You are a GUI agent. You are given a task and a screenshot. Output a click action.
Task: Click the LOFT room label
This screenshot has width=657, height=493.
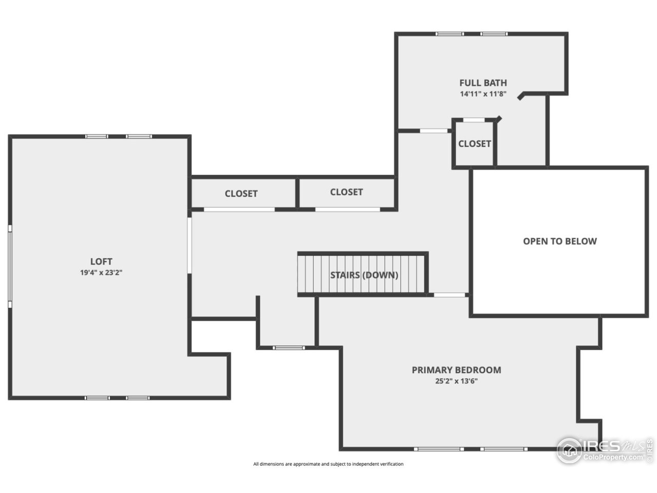point(101,261)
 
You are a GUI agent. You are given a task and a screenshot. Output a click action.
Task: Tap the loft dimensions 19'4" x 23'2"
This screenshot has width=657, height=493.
point(101,273)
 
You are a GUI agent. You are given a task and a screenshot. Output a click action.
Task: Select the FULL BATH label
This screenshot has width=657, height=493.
point(483,83)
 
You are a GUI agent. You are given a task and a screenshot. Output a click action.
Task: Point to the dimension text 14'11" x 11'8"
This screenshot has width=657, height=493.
point(483,94)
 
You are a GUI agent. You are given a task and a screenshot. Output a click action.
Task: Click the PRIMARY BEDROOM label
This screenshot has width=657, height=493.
point(456,370)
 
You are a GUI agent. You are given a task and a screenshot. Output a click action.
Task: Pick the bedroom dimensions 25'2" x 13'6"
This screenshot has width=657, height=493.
point(456,381)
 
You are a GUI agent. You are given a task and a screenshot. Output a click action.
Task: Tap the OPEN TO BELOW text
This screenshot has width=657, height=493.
point(559,241)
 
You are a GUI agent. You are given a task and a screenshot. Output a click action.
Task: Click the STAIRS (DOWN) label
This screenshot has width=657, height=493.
point(364,275)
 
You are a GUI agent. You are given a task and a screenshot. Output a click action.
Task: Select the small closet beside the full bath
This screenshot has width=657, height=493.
point(474,144)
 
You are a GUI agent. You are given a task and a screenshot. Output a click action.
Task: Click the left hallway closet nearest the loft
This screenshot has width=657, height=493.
point(241,194)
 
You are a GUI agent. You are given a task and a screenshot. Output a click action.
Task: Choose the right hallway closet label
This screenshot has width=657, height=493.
point(346,192)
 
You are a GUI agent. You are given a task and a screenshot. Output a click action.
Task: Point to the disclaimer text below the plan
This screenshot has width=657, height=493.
point(328,464)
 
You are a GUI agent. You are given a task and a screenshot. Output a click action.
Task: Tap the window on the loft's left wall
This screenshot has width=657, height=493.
point(10,267)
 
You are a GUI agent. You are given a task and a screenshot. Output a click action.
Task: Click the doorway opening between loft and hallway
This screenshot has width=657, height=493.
point(189,245)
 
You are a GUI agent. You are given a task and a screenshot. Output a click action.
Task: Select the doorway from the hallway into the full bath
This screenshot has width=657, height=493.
point(434,130)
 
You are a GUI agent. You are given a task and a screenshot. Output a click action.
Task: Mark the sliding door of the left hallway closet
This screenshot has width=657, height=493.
point(239,209)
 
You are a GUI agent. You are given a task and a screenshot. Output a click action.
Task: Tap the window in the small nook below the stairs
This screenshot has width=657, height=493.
point(288,348)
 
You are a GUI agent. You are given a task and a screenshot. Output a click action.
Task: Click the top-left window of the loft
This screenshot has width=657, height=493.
point(97,137)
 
